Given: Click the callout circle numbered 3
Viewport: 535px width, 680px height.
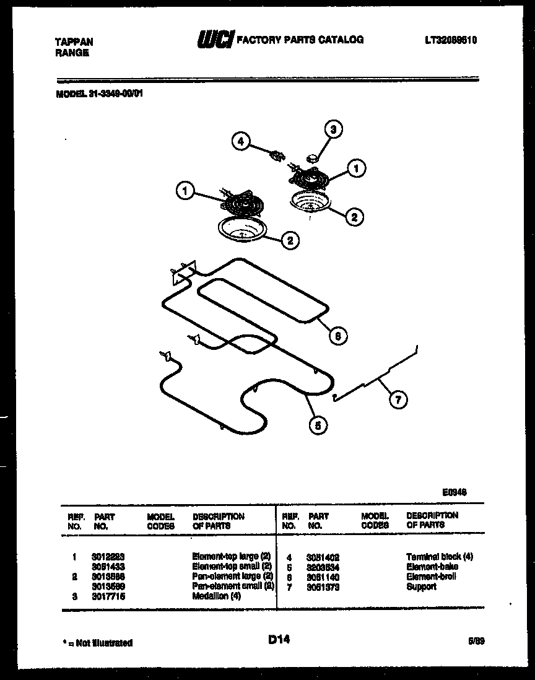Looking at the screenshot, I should [333, 130].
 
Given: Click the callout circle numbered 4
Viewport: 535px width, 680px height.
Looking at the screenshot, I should [241, 142].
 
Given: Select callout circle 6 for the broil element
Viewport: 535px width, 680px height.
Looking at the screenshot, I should [337, 336].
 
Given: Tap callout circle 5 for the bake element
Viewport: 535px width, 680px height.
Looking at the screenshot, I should [317, 425].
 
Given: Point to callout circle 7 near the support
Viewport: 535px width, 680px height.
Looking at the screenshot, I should [398, 400].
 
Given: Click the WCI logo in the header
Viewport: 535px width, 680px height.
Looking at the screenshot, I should [214, 40].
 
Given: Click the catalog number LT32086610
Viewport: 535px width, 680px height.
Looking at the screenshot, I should [451, 40].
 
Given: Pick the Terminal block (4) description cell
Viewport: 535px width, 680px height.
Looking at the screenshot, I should [439, 557].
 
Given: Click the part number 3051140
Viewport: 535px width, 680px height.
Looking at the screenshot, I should [323, 577].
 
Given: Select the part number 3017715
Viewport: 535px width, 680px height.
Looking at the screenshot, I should [108, 596].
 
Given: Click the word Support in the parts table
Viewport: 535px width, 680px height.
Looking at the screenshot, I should [421, 586].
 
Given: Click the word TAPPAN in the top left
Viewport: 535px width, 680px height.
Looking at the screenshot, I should [74, 42].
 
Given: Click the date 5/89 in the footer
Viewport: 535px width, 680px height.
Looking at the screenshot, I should [476, 642].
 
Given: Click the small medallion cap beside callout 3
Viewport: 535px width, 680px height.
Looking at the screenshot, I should [313, 158].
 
